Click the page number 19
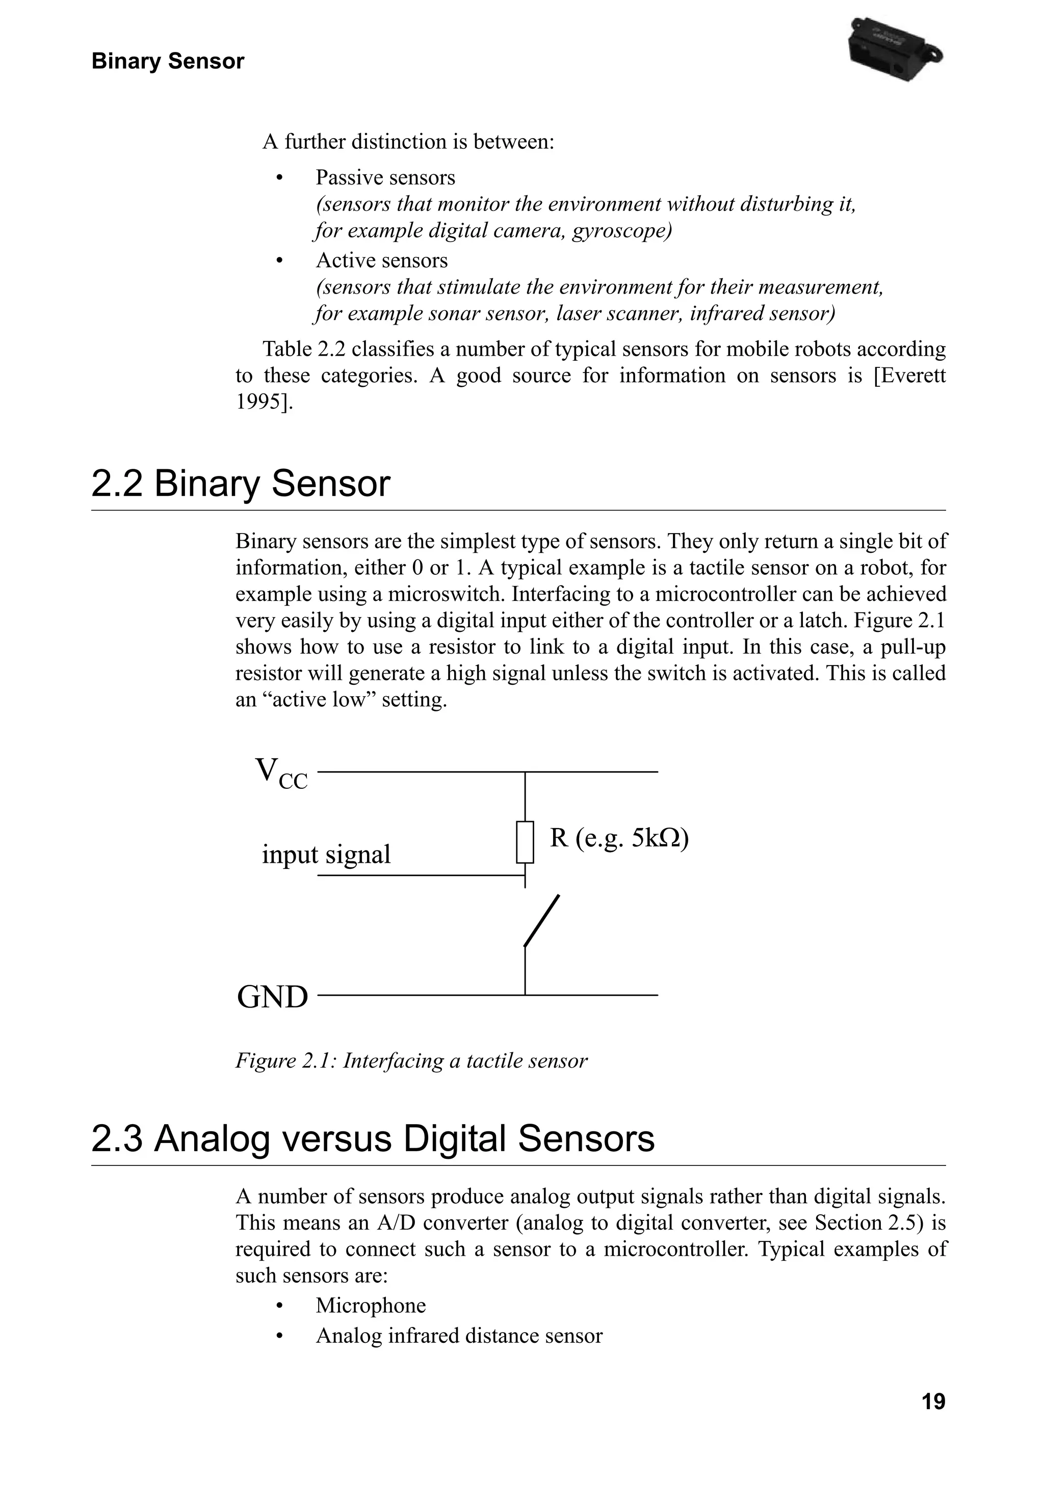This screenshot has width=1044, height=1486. [933, 1402]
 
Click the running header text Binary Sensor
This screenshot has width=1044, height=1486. [168, 62]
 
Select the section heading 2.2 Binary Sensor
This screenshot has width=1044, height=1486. [241, 484]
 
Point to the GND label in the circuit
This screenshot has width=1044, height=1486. [273, 997]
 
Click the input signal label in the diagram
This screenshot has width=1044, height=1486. [326, 854]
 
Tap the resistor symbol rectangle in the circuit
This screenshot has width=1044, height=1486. [525, 842]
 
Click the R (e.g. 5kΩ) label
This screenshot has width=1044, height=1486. [619, 838]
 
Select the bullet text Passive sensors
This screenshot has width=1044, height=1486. [385, 177]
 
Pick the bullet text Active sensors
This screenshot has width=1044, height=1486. [381, 260]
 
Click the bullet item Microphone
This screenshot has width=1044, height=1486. [370, 1306]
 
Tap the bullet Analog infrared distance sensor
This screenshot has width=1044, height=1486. [458, 1336]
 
